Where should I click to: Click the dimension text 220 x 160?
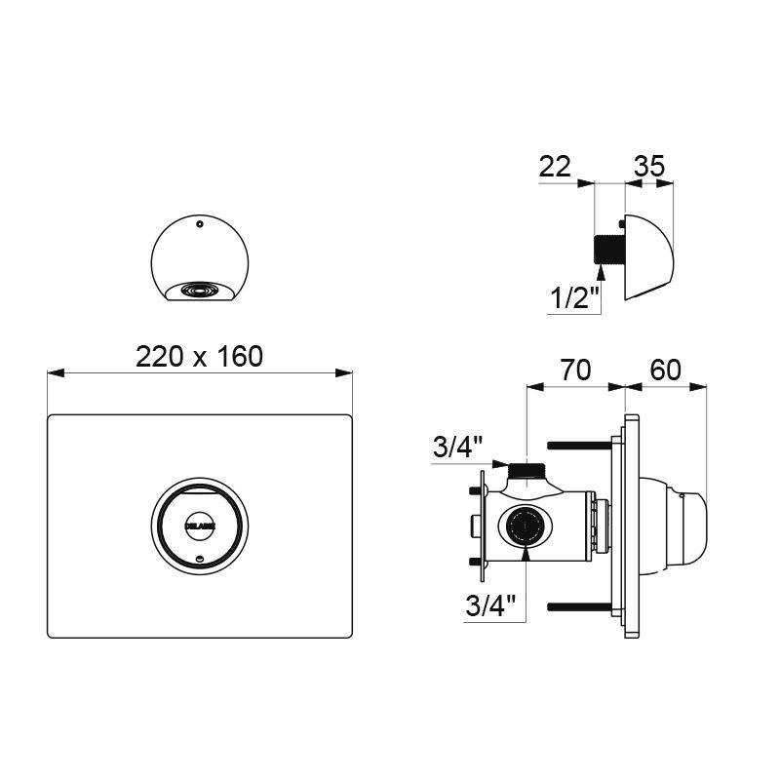(199, 357)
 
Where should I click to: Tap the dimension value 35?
(649, 166)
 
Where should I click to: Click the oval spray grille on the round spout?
(199, 290)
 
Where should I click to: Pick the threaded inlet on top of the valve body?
(527, 471)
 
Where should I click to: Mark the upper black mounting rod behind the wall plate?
(579, 446)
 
